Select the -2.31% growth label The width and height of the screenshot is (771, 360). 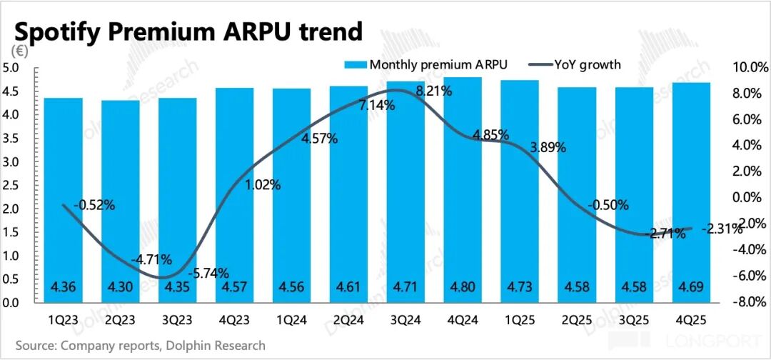point(720,229)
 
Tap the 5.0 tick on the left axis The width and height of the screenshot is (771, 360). point(12,69)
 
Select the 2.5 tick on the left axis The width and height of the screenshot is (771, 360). point(12,186)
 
